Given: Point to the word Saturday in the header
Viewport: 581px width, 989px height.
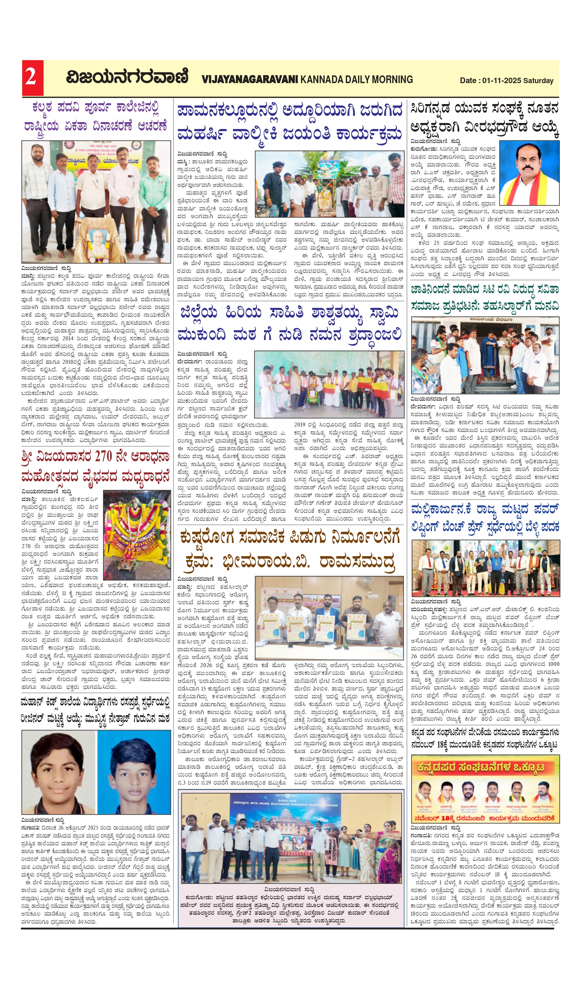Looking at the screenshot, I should click(538, 81).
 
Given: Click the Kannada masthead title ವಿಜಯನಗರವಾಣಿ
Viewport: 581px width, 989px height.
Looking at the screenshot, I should click(127, 77).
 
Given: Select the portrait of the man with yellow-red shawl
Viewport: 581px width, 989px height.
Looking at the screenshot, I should click(529, 173).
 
